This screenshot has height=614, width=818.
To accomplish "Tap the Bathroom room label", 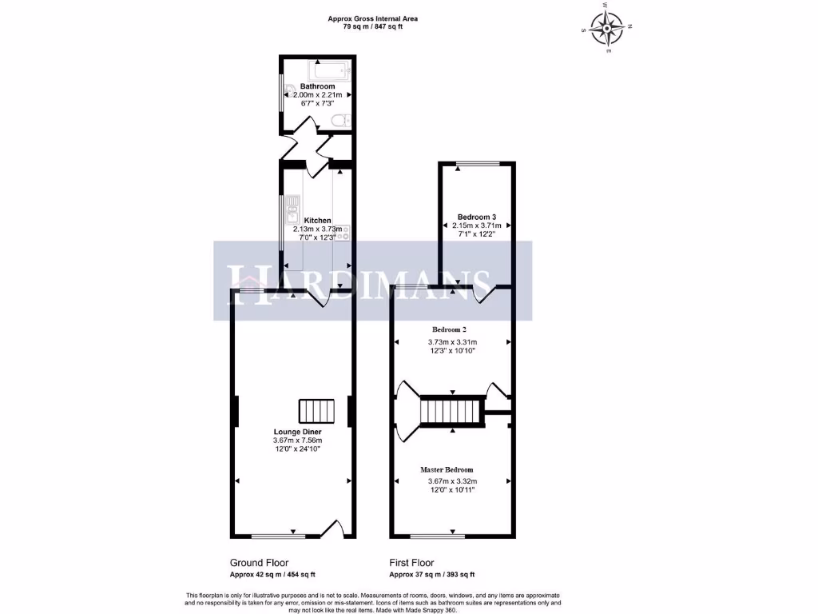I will coord(317,86).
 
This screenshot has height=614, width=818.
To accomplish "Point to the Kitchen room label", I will coord(317,220).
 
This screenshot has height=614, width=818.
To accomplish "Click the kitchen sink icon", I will coord(292,211).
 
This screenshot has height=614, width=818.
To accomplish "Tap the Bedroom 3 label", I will coord(476,217).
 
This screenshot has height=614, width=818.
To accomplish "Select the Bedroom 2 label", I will coord(449,329).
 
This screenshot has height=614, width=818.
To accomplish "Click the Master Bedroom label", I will coord(447,469).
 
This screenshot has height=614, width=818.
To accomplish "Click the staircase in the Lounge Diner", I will coord(316,411).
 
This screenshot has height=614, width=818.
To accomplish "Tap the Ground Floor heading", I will coord(259,563).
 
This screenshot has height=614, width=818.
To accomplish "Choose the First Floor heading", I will coord(411,563).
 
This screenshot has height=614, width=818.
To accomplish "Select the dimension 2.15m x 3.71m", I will coord(476,225).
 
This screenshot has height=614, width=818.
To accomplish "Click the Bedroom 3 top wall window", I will coord(477,164).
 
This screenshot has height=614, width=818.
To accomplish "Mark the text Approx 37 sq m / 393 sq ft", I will coord(431,575).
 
